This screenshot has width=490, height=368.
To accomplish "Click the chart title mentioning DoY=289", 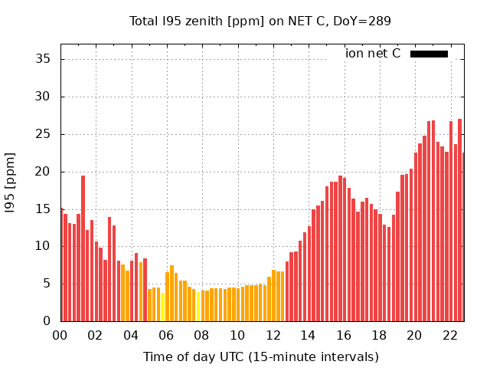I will [x=260, y=21].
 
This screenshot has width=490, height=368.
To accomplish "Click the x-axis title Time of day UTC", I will [x=260, y=356].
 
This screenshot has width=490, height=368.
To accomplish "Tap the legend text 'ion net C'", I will [x=373, y=54].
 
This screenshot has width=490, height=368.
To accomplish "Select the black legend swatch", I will [x=429, y=54].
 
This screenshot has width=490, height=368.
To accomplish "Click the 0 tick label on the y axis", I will [x=47, y=321].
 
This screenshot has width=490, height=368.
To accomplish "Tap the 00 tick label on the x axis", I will [x=60, y=335].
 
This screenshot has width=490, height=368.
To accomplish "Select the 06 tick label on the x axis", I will [x=166, y=335].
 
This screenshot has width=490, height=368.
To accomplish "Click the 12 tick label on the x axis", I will [x=273, y=335].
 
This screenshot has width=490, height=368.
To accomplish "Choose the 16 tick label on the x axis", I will [x=343, y=335].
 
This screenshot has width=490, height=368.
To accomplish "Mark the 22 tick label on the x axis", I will [x=449, y=335].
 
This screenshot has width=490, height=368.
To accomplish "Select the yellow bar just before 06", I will [x=162, y=307].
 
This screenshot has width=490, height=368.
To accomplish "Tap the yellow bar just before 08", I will [x=198, y=307].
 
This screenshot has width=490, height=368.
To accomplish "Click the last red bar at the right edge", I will [x=463, y=238].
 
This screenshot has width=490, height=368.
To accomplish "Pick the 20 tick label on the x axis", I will [x=414, y=335].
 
